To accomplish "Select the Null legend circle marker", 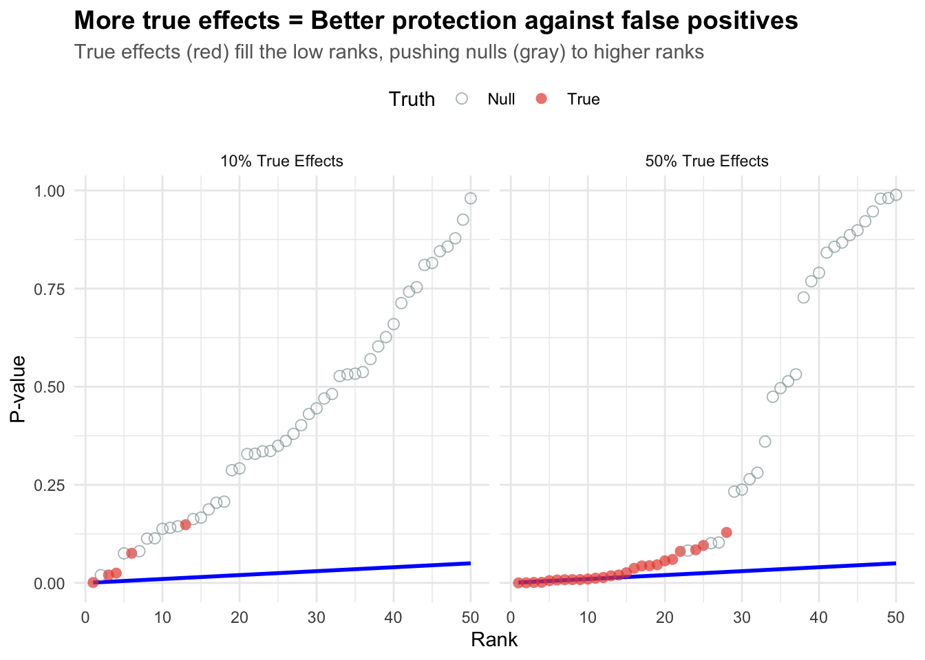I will coord(462,99).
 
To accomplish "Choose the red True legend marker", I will coord(542,99).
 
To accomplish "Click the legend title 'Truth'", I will coord(412,99).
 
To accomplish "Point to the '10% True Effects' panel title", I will coord(281,162).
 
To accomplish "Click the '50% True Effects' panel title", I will coord(707,162).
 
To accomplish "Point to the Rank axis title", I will coord(494,640).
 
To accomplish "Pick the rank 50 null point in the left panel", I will coord(471,198).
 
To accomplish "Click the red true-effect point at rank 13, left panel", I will coord(185,525).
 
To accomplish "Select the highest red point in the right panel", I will coord(726,532).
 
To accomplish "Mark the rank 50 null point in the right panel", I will coord(896,195).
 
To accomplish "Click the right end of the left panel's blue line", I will coord(470,563).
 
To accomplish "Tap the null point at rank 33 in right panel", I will coord(765,441).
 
